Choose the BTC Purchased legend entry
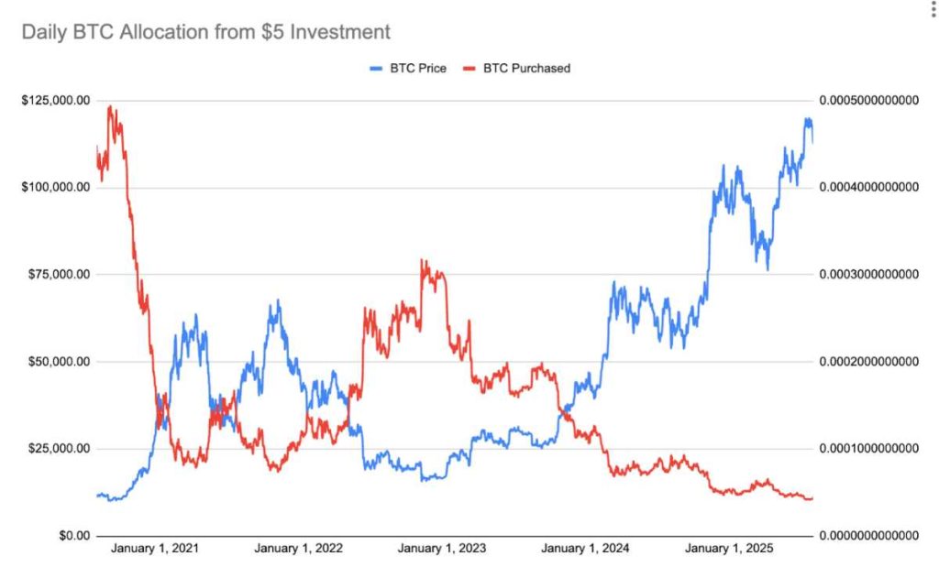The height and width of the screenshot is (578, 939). [514, 68]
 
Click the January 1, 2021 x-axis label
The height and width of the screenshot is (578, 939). [155, 549]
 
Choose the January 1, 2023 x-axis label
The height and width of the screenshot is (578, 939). [441, 549]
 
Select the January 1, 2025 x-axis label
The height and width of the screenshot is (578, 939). [729, 549]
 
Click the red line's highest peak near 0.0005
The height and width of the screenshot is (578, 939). [110, 107]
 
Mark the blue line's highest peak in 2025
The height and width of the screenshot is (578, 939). [807, 119]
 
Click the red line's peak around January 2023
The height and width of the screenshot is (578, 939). [422, 261]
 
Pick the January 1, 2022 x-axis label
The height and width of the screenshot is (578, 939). [298, 549]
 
